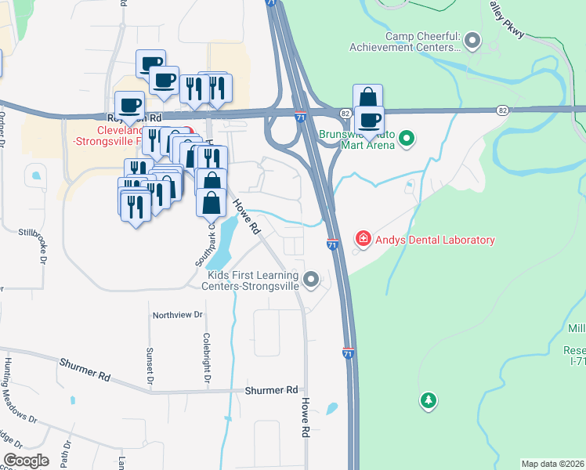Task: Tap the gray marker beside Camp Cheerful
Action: coord(472,38)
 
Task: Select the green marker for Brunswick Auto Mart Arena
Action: coord(406,140)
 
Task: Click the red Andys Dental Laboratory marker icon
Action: coord(363,238)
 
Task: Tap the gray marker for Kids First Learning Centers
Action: coord(312,279)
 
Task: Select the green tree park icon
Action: coord(428,401)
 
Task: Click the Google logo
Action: coord(26,461)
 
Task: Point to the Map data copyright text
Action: coord(552,464)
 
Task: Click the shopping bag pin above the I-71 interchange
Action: coord(367,97)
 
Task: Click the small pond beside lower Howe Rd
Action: coord(331,408)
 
